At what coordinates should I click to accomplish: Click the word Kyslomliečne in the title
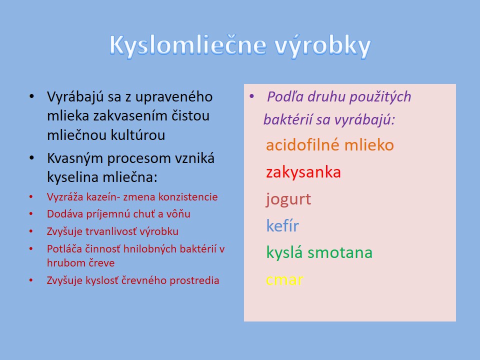click(x=187, y=45)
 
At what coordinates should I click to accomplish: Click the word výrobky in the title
click(x=322, y=46)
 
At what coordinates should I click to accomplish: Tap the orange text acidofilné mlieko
click(x=329, y=145)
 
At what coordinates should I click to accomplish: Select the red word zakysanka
click(x=303, y=172)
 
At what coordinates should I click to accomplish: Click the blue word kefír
click(x=282, y=226)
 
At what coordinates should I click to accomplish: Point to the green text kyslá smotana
click(x=319, y=253)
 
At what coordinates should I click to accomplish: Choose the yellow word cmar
click(x=284, y=280)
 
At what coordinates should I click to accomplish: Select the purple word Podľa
click(x=285, y=96)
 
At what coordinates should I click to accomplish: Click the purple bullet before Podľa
click(x=252, y=96)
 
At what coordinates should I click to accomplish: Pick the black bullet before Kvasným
click(x=32, y=158)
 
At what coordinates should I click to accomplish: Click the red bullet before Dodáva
click(x=31, y=213)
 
